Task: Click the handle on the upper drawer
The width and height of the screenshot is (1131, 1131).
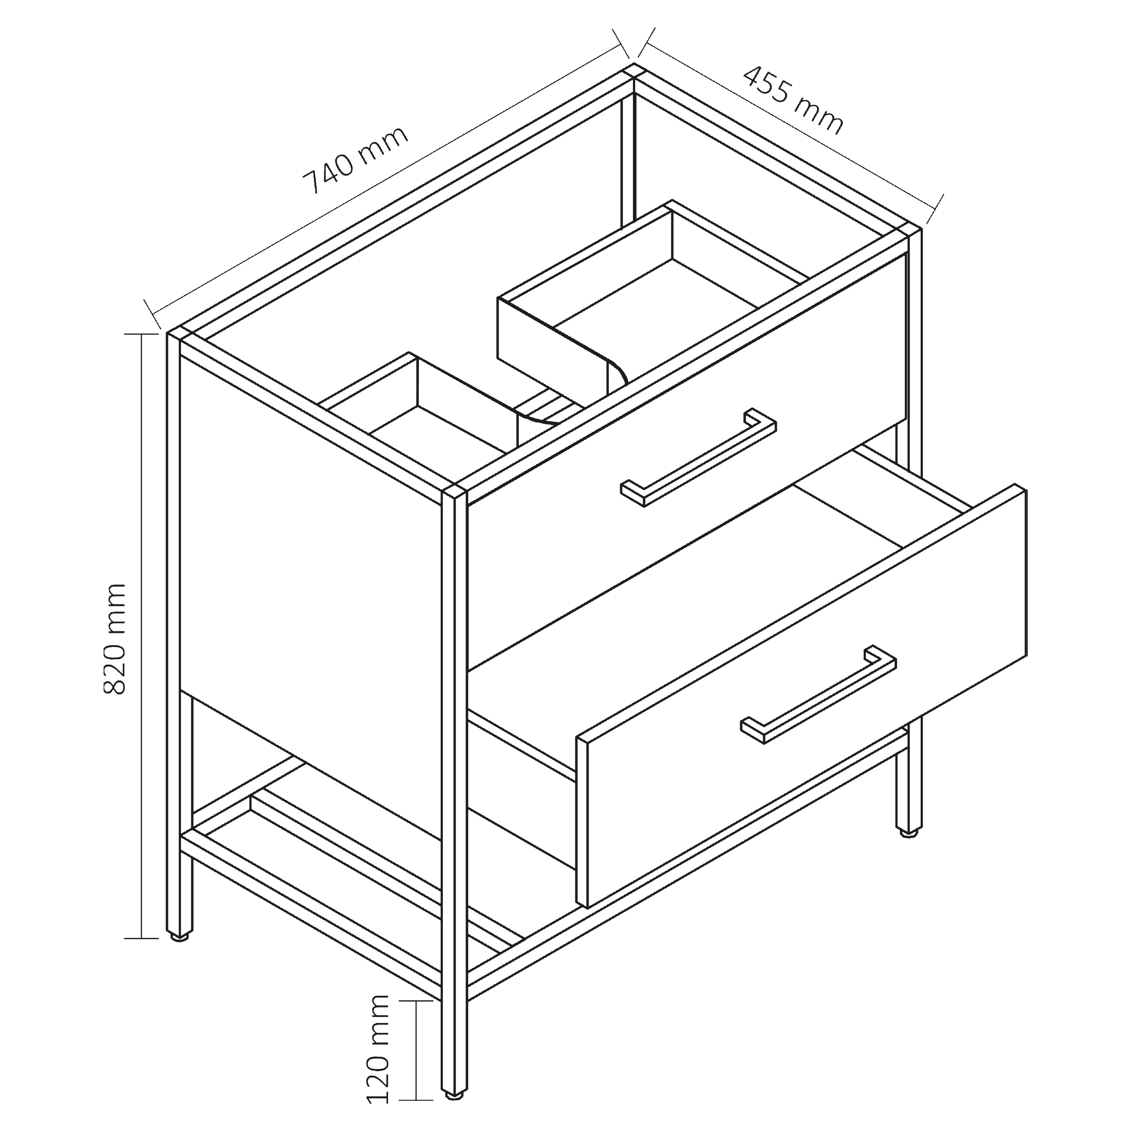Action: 699,456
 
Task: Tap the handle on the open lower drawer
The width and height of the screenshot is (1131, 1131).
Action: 818,694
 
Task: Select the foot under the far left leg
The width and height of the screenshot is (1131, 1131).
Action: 180,936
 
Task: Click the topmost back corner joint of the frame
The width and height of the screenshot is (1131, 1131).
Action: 633,70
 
